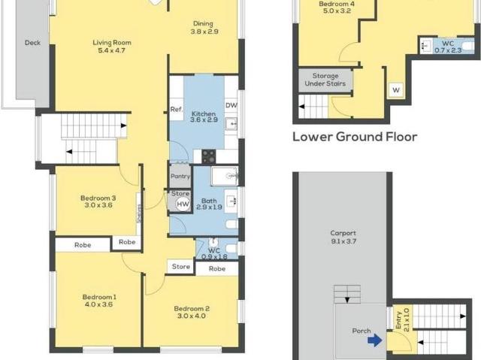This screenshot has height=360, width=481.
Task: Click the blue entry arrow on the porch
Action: point(375,340)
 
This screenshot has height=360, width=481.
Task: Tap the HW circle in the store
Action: point(183,204)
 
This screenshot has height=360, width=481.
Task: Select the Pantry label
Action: point(180,177)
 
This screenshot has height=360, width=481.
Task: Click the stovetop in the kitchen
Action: point(209,156)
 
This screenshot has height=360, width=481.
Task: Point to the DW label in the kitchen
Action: point(231,105)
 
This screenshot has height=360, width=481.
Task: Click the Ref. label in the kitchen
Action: point(177,109)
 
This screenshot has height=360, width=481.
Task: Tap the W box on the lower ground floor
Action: point(396,90)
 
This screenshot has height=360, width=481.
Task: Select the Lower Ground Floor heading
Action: point(355,137)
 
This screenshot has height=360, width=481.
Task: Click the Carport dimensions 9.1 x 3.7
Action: point(343,241)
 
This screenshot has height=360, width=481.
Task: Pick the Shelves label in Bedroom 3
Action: point(138,213)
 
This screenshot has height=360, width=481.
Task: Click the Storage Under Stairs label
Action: point(325,80)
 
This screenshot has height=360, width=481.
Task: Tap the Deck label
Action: point(32,43)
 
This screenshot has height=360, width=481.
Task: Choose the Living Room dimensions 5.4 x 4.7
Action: point(112,50)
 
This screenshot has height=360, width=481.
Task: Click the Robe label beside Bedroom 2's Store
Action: point(217,268)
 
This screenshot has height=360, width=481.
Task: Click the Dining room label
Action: point(203,23)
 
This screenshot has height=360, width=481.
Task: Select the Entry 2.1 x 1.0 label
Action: point(403,320)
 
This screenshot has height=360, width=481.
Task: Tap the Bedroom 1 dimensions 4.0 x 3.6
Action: point(98,304)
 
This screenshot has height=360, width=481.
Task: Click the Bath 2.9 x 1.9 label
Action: point(209,204)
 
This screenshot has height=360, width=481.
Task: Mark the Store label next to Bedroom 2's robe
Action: point(181,267)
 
